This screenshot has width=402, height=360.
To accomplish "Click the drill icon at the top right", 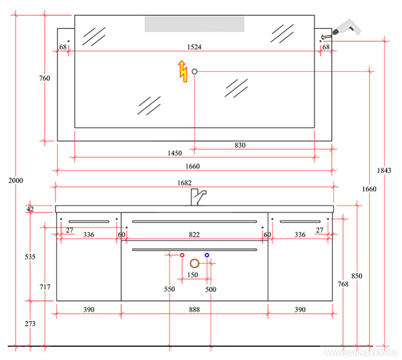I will tap(346, 27).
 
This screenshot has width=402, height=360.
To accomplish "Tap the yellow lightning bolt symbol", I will tap(182, 71).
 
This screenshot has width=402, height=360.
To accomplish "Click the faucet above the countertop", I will tap(198, 196).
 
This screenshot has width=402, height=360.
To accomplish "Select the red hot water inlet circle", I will tap(182, 254).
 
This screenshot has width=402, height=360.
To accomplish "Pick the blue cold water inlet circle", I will tap(207, 254).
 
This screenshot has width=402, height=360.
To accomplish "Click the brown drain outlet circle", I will tap(194, 263).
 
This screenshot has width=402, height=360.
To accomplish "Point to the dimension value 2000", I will tap(16, 181).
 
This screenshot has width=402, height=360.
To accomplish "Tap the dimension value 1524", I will tap(194, 47).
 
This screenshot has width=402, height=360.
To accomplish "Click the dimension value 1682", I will tap(194, 183).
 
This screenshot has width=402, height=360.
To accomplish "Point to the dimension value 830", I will tap(240, 145).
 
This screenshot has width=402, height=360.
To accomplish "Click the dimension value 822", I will tap(194, 235).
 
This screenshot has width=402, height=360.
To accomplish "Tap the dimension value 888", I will tap(194, 310).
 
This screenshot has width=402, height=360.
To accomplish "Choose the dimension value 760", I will tap(44, 78).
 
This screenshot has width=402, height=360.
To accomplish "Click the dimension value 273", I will tap(30, 323).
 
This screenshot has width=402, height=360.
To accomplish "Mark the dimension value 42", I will tap(30, 209).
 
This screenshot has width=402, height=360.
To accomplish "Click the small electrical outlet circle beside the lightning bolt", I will tap(194, 71).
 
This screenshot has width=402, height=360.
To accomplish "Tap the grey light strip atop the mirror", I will tap(194, 23).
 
